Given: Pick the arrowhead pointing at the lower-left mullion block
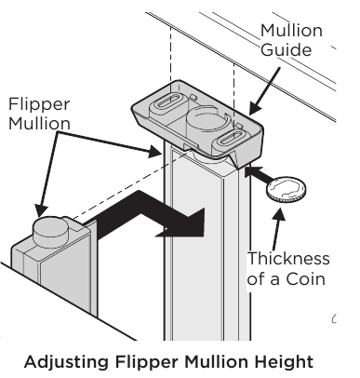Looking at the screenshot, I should tap(40, 213).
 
